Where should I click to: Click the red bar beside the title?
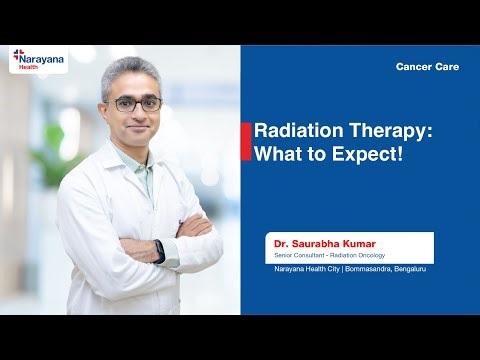tap(246, 142)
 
